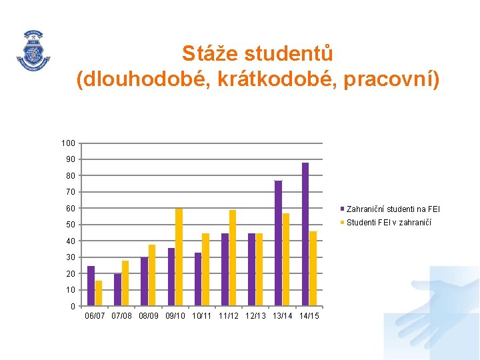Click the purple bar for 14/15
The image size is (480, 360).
(305, 234)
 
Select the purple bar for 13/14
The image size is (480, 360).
(278, 243)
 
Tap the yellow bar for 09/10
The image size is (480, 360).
(179, 257)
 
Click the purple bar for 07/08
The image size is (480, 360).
(117, 290)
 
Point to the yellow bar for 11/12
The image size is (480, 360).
(233, 258)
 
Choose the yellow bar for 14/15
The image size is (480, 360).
(313, 269)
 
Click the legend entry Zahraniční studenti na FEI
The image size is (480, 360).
(393, 209)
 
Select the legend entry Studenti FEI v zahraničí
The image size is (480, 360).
(389, 223)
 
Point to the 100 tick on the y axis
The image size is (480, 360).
(68, 143)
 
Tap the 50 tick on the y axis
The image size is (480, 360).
(70, 225)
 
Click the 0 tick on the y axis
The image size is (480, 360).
(73, 307)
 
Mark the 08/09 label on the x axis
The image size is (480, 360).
(150, 315)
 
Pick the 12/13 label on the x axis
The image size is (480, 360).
(257, 315)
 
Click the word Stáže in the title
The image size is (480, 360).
(209, 53)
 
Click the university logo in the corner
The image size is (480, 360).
(33, 49)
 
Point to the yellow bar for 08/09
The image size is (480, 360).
(152, 275)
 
